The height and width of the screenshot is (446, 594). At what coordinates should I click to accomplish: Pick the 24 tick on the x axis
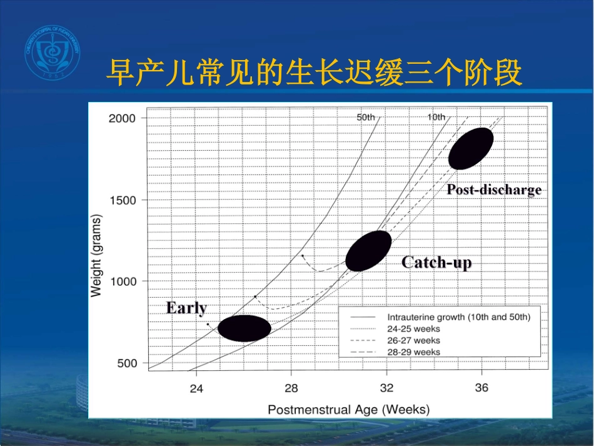[x=196, y=388]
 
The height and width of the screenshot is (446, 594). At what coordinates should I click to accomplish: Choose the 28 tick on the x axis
[x=291, y=388]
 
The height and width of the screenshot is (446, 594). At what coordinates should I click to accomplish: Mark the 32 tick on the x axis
[x=386, y=388]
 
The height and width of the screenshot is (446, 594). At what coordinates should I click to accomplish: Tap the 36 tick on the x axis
[x=481, y=388]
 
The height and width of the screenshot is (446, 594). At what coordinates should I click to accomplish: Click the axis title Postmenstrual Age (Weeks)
[x=349, y=410]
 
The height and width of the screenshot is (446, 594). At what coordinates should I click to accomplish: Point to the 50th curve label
[x=366, y=117]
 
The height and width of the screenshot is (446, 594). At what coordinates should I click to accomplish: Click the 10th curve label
[x=436, y=117]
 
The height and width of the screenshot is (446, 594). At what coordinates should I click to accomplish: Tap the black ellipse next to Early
[x=244, y=328]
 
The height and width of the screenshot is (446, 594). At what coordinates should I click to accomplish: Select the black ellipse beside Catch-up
[x=368, y=251]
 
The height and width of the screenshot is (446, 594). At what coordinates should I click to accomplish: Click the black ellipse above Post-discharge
[x=471, y=148]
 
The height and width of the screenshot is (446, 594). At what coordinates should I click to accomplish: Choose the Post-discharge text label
[x=494, y=190]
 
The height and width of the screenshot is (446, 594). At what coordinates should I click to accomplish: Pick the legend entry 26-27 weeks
[x=413, y=340]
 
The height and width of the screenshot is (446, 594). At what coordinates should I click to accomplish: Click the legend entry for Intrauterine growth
[x=458, y=317]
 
